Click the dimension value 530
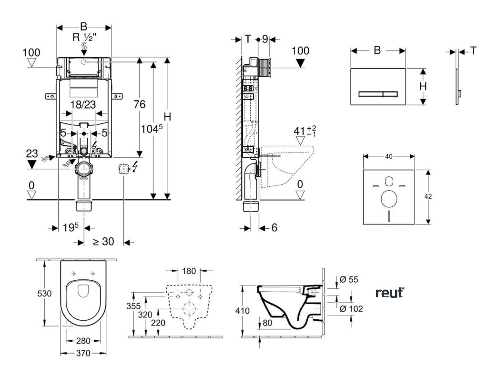click(44, 293)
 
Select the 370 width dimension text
click(83, 353)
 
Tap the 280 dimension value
click(83, 341)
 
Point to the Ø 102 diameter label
click(351, 308)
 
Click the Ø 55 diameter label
click(349, 279)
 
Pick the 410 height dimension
click(243, 311)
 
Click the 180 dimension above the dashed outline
click(189, 271)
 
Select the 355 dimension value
click(133, 306)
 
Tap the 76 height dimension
click(140, 104)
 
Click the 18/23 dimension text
click(83, 104)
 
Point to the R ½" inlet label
click(84, 37)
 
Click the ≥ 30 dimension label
click(103, 241)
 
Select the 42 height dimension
click(428, 196)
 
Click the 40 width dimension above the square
click(389, 156)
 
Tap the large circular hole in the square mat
click(389, 198)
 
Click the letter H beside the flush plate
click(423, 86)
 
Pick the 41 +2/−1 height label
click(305, 131)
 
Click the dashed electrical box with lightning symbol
click(123, 169)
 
